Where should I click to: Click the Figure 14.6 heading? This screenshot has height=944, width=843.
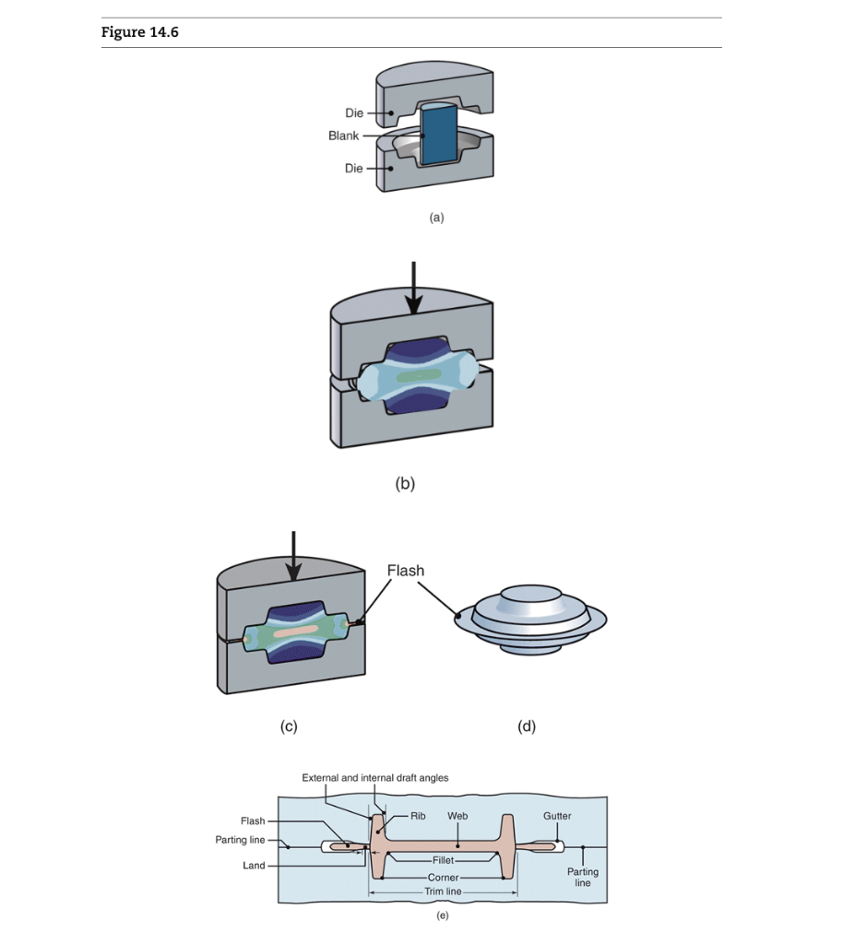(140, 33)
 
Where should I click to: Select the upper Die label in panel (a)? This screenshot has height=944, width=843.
(354, 113)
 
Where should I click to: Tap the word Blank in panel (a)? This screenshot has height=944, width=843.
(343, 136)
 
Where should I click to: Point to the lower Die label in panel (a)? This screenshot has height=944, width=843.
(354, 169)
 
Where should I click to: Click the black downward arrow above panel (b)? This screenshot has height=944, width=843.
(413, 286)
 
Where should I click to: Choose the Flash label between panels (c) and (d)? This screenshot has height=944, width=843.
(406, 571)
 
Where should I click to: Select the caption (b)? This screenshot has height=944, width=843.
(405, 482)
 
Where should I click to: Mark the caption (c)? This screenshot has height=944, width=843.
(289, 726)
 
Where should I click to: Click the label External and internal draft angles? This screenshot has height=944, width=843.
(375, 778)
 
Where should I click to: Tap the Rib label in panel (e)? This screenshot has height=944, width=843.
(418, 816)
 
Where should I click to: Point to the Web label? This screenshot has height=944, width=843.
(457, 816)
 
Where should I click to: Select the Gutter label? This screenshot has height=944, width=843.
(557, 816)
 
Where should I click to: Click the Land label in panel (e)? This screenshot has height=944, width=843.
(254, 866)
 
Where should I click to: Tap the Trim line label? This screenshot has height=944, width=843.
(443, 891)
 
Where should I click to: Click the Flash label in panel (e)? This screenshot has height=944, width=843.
(252, 820)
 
